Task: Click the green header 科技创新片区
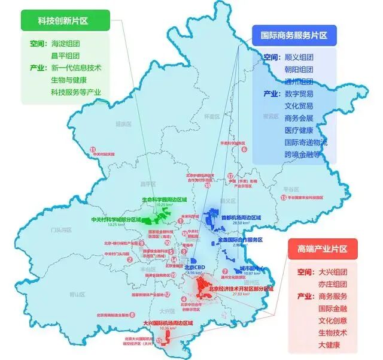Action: pyautogui.click(x=63, y=21)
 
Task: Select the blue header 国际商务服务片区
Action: pyautogui.click(x=294, y=35)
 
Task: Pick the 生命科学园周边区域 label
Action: pyautogui.click(x=164, y=199)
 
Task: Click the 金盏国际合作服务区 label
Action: pyautogui.click(x=240, y=240)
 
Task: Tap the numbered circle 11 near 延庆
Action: pyautogui.click(x=93, y=149)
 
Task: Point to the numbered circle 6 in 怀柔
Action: pyautogui.click(x=244, y=149)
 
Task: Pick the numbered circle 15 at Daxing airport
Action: pyautogui.click(x=160, y=340)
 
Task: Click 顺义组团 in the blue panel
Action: pyautogui.click(x=300, y=58)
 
